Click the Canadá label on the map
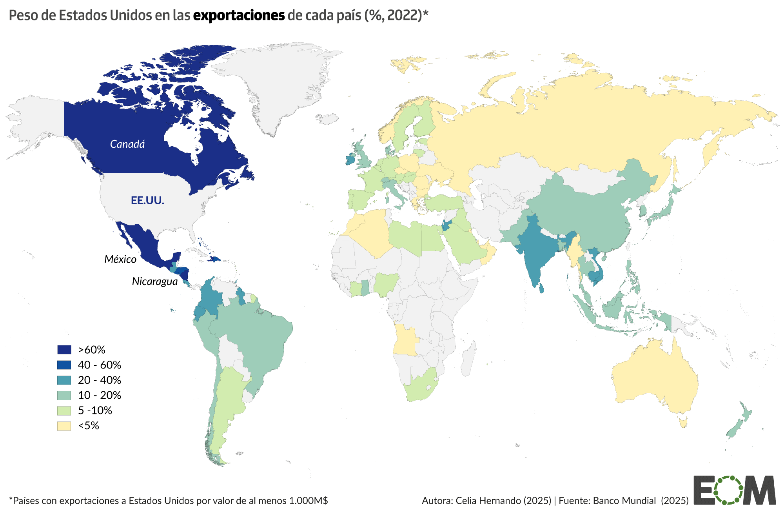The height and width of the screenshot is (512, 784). pyautogui.click(x=127, y=144)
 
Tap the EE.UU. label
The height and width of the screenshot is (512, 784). pyautogui.click(x=147, y=200)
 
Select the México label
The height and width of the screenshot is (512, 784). pyautogui.click(x=120, y=259)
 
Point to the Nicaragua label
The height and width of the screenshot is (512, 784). pyautogui.click(x=154, y=281)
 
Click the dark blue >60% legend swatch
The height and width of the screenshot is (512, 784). pyautogui.click(x=64, y=349)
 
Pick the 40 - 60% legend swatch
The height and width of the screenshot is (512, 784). pyautogui.click(x=64, y=365)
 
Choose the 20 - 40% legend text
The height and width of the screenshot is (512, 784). pyautogui.click(x=100, y=380)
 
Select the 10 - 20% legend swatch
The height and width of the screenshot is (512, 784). pyautogui.click(x=64, y=395)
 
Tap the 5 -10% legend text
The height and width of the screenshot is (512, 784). pyautogui.click(x=95, y=410)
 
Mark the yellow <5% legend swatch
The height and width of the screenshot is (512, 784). pyautogui.click(x=64, y=426)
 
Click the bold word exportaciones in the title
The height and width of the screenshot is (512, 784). pyautogui.click(x=239, y=15)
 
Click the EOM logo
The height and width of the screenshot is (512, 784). pyautogui.click(x=734, y=490)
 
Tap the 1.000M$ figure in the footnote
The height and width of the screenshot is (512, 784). pyautogui.click(x=308, y=501)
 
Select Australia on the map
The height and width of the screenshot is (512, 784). pyautogui.click(x=655, y=376)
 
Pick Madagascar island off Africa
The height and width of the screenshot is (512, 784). pyautogui.click(x=468, y=359)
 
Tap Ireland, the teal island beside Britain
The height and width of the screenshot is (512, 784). pyautogui.click(x=350, y=160)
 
